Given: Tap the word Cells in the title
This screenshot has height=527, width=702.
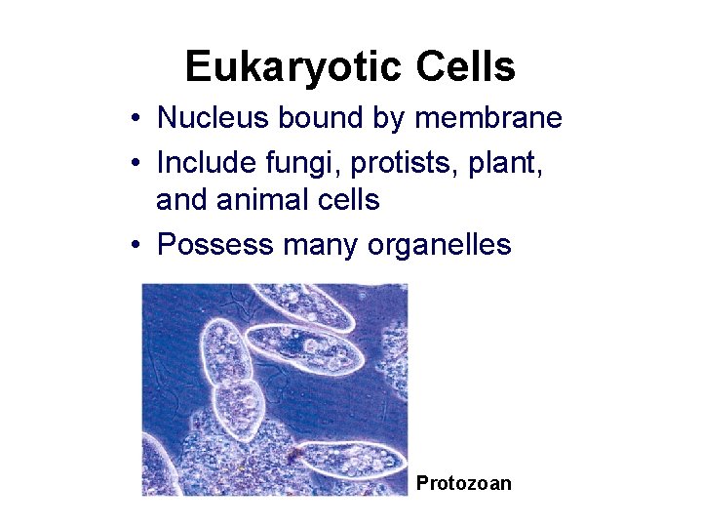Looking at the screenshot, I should [464, 66].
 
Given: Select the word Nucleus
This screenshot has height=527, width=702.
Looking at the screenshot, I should [214, 118].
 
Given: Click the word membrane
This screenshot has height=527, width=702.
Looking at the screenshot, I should [488, 118].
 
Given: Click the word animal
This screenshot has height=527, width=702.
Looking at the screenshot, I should [259, 200].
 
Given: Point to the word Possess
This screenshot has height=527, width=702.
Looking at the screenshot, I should [214, 244].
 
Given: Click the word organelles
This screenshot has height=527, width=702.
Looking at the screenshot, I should [440, 244].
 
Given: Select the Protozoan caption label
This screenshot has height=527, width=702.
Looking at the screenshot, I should [463, 483].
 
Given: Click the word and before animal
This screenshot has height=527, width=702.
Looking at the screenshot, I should [182, 200].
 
